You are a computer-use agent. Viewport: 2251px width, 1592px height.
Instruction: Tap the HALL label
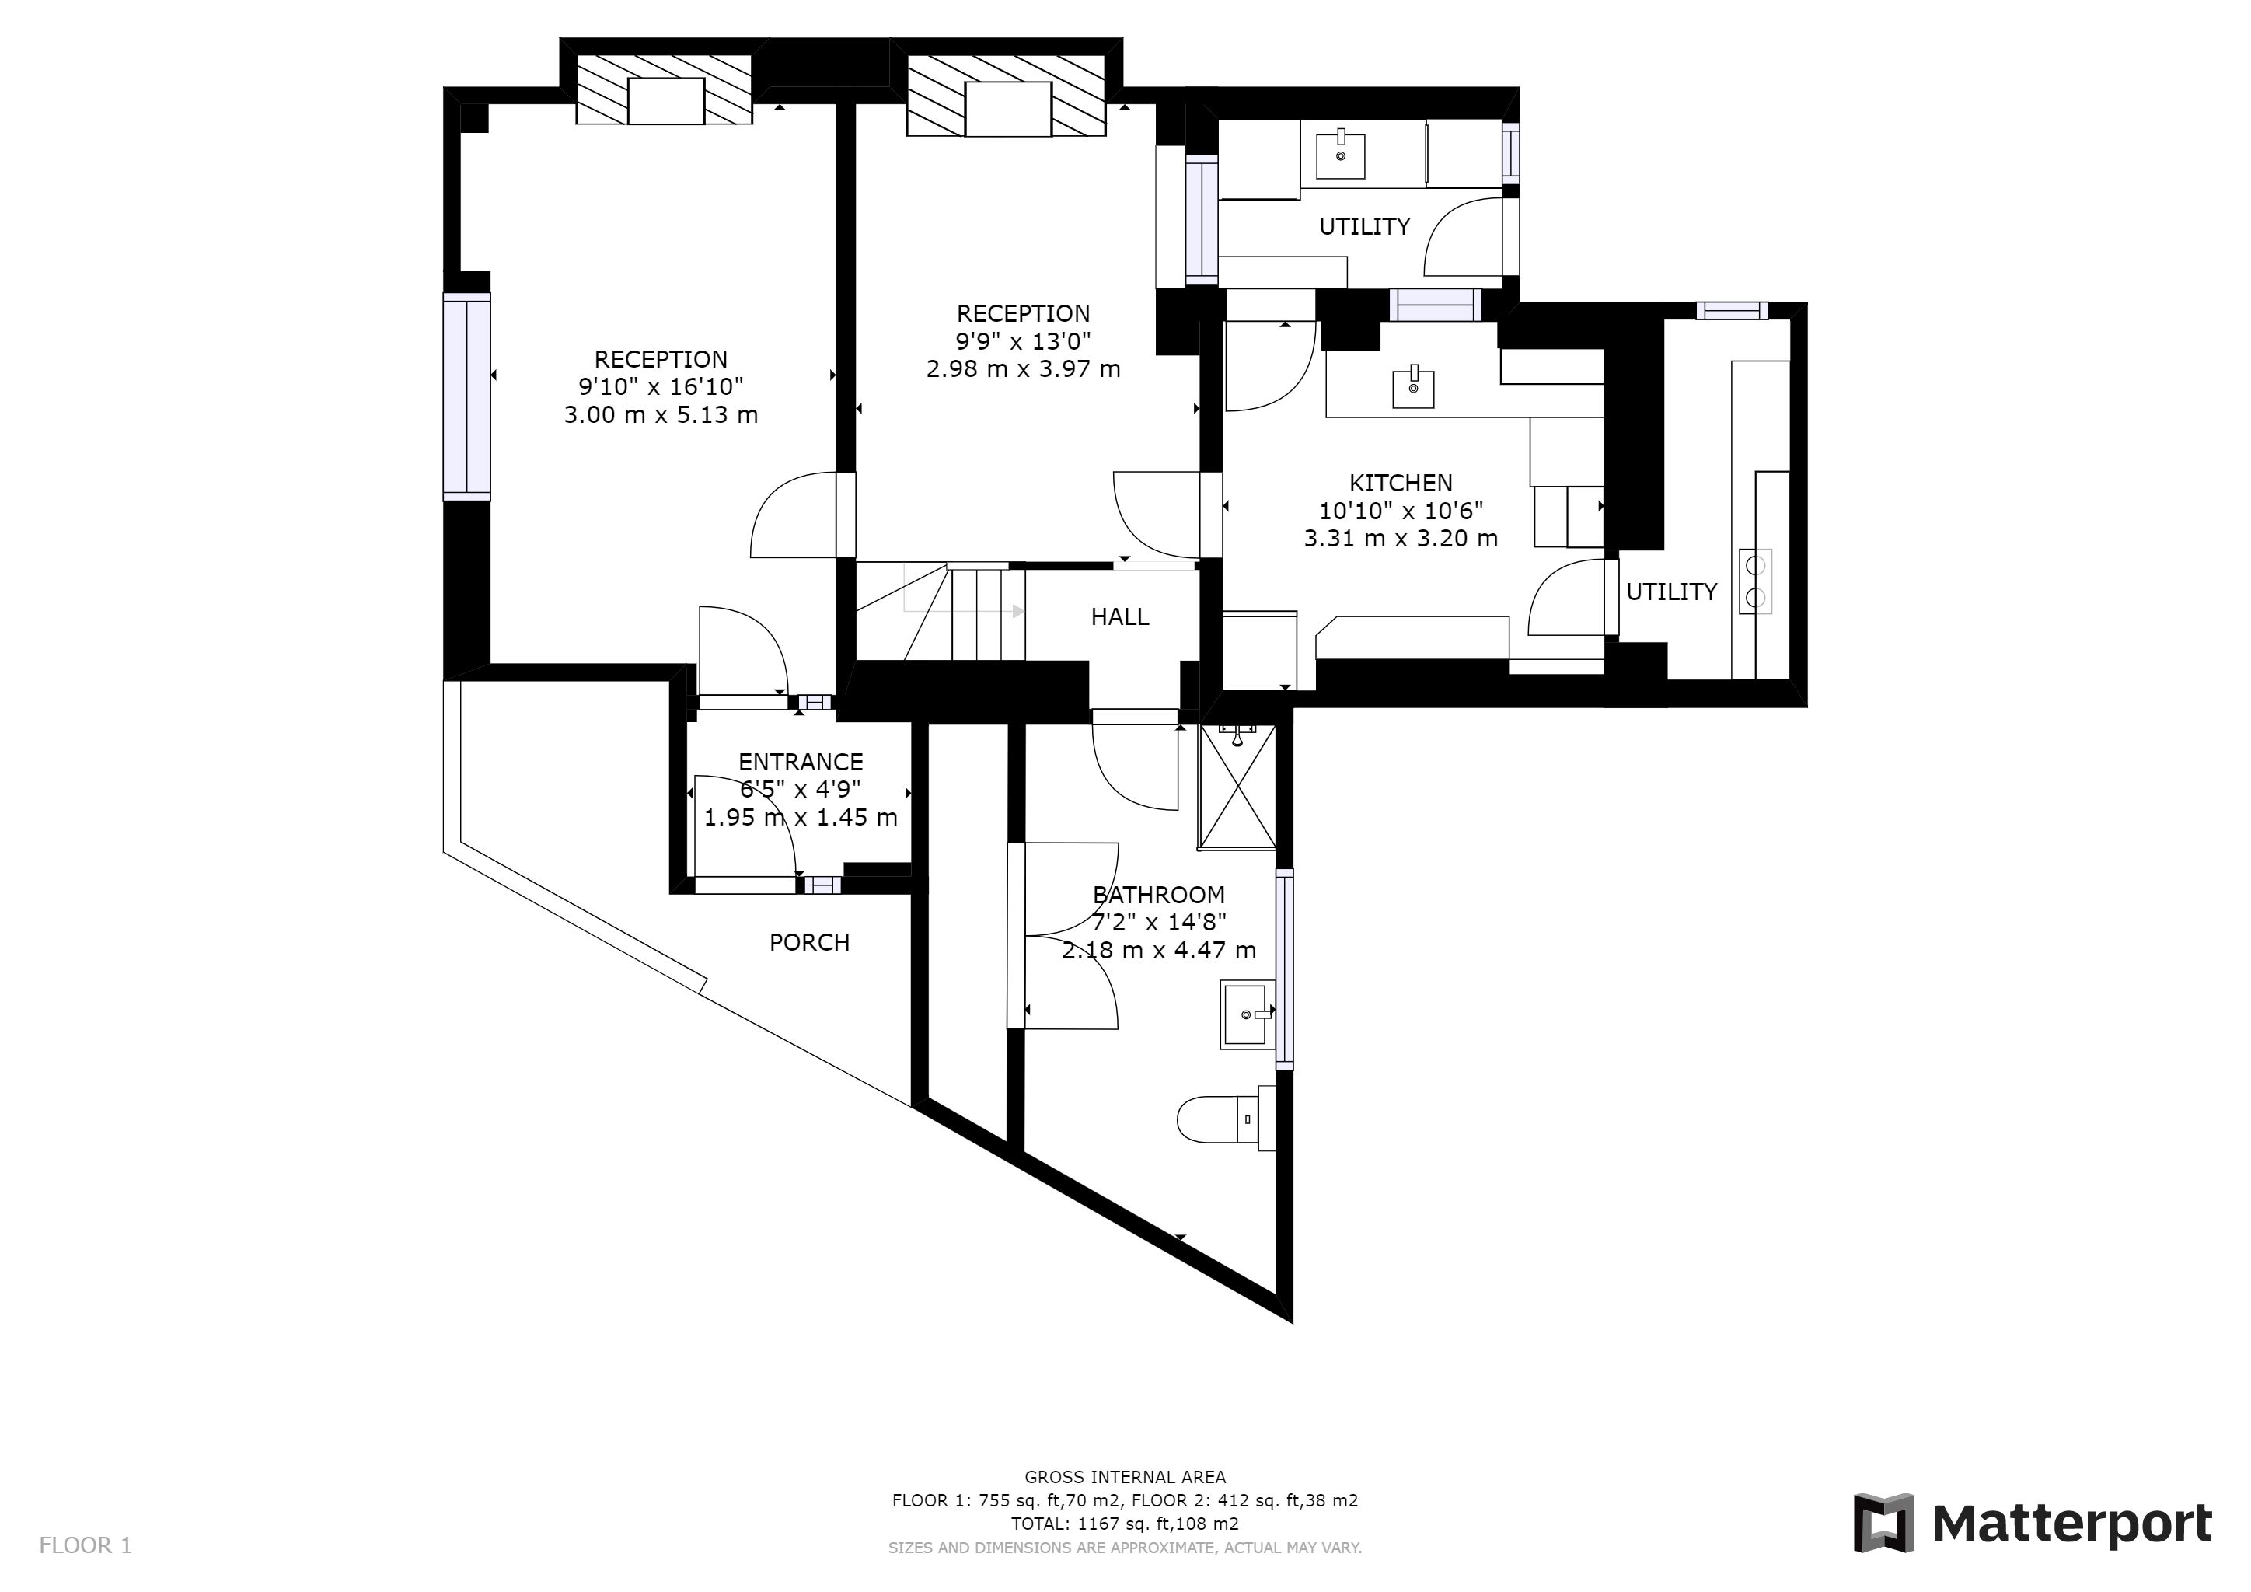pos(1119,616)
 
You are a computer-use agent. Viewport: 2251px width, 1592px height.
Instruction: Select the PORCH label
pos(809,942)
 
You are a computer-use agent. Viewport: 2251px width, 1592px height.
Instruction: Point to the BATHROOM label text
pos(1159,894)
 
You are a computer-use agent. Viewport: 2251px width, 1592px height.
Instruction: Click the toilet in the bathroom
pos(1226,1119)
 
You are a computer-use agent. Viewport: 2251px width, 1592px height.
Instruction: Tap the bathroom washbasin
pos(1247,1014)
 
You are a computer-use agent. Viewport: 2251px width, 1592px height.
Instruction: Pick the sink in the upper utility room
pos(1340,155)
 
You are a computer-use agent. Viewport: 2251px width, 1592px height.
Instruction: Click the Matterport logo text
pos(2071,1525)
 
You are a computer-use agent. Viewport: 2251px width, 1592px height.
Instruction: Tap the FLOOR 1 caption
pos(86,1546)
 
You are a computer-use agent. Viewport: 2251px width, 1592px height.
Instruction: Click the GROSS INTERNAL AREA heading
pos(1125,1477)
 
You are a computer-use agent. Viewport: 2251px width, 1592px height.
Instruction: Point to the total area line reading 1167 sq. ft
pos(1125,1524)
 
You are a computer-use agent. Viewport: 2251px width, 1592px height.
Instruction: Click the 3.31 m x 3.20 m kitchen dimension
pos(1400,538)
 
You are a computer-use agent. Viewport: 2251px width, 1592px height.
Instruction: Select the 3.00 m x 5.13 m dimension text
pos(661,414)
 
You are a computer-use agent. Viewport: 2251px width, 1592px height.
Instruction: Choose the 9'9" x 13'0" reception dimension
pos(1024,341)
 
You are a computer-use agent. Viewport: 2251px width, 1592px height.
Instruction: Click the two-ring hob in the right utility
pos(1756,581)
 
